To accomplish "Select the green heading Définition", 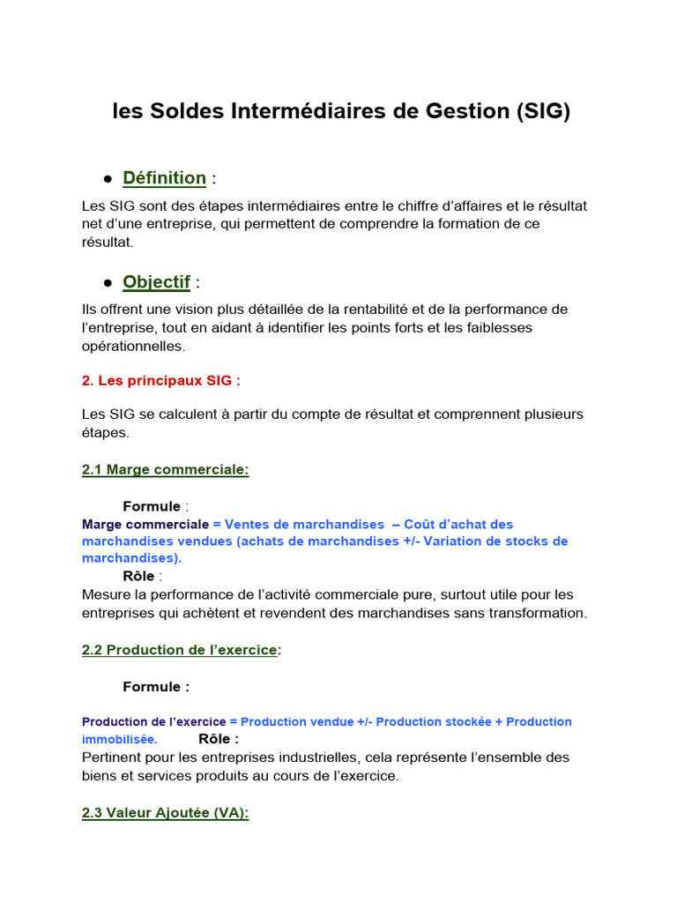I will (165, 178).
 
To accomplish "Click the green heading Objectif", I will (157, 282).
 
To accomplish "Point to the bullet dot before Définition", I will (108, 179).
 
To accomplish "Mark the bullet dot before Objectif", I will (108, 283).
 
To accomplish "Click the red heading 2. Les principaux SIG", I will (161, 380).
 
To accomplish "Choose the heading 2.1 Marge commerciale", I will (165, 470).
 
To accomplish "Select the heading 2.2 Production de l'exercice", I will (181, 650).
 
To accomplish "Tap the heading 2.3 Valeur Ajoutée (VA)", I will (165, 813).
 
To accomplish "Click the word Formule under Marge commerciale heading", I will (152, 506).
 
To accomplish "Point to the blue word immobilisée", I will (120, 739).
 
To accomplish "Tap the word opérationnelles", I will (133, 346).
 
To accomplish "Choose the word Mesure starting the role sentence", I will (106, 594).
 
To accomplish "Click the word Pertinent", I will (113, 757).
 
